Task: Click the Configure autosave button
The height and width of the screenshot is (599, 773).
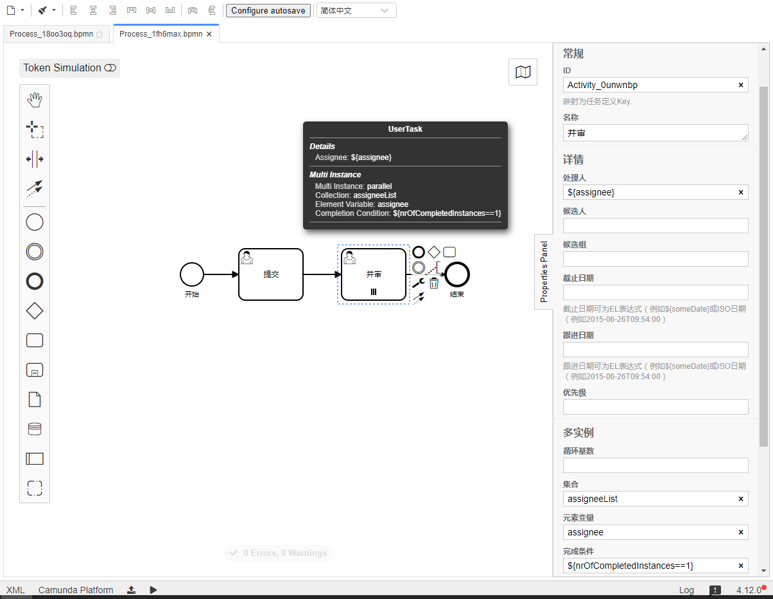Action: (268, 11)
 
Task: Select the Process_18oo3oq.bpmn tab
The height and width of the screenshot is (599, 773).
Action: (51, 34)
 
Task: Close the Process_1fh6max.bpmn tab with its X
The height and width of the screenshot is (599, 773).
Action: (209, 34)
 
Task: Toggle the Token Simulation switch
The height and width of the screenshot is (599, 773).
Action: (110, 68)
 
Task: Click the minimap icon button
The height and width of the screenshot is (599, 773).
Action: (523, 72)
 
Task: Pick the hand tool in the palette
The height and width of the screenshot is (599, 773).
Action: (35, 100)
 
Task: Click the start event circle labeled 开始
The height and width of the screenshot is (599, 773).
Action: (191, 274)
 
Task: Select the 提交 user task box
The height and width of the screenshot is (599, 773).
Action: (270, 274)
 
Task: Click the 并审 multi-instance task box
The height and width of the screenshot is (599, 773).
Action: (373, 274)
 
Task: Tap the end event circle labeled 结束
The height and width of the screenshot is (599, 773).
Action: (457, 274)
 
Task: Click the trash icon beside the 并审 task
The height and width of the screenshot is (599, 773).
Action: (434, 283)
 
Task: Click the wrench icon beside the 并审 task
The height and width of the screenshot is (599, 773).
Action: (418, 283)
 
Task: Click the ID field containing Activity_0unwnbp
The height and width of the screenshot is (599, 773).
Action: (648, 85)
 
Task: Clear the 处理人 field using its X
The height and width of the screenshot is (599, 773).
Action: (741, 192)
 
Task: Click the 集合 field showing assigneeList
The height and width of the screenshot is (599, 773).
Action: (648, 499)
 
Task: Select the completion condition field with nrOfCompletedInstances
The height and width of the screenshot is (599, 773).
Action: (648, 566)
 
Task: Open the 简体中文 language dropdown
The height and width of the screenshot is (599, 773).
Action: (356, 11)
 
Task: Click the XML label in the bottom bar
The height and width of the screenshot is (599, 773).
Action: (15, 590)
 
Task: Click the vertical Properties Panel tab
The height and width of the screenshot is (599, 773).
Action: (544, 272)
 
